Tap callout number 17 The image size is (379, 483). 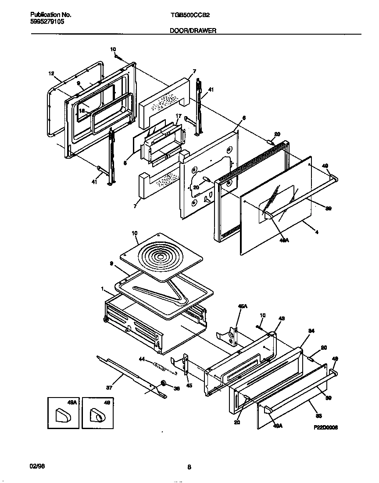(x=178, y=116)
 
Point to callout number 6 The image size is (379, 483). (x=244, y=117)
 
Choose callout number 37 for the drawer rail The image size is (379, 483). (x=109, y=387)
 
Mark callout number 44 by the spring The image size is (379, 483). (x=142, y=359)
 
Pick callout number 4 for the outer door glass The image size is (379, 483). (x=317, y=227)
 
